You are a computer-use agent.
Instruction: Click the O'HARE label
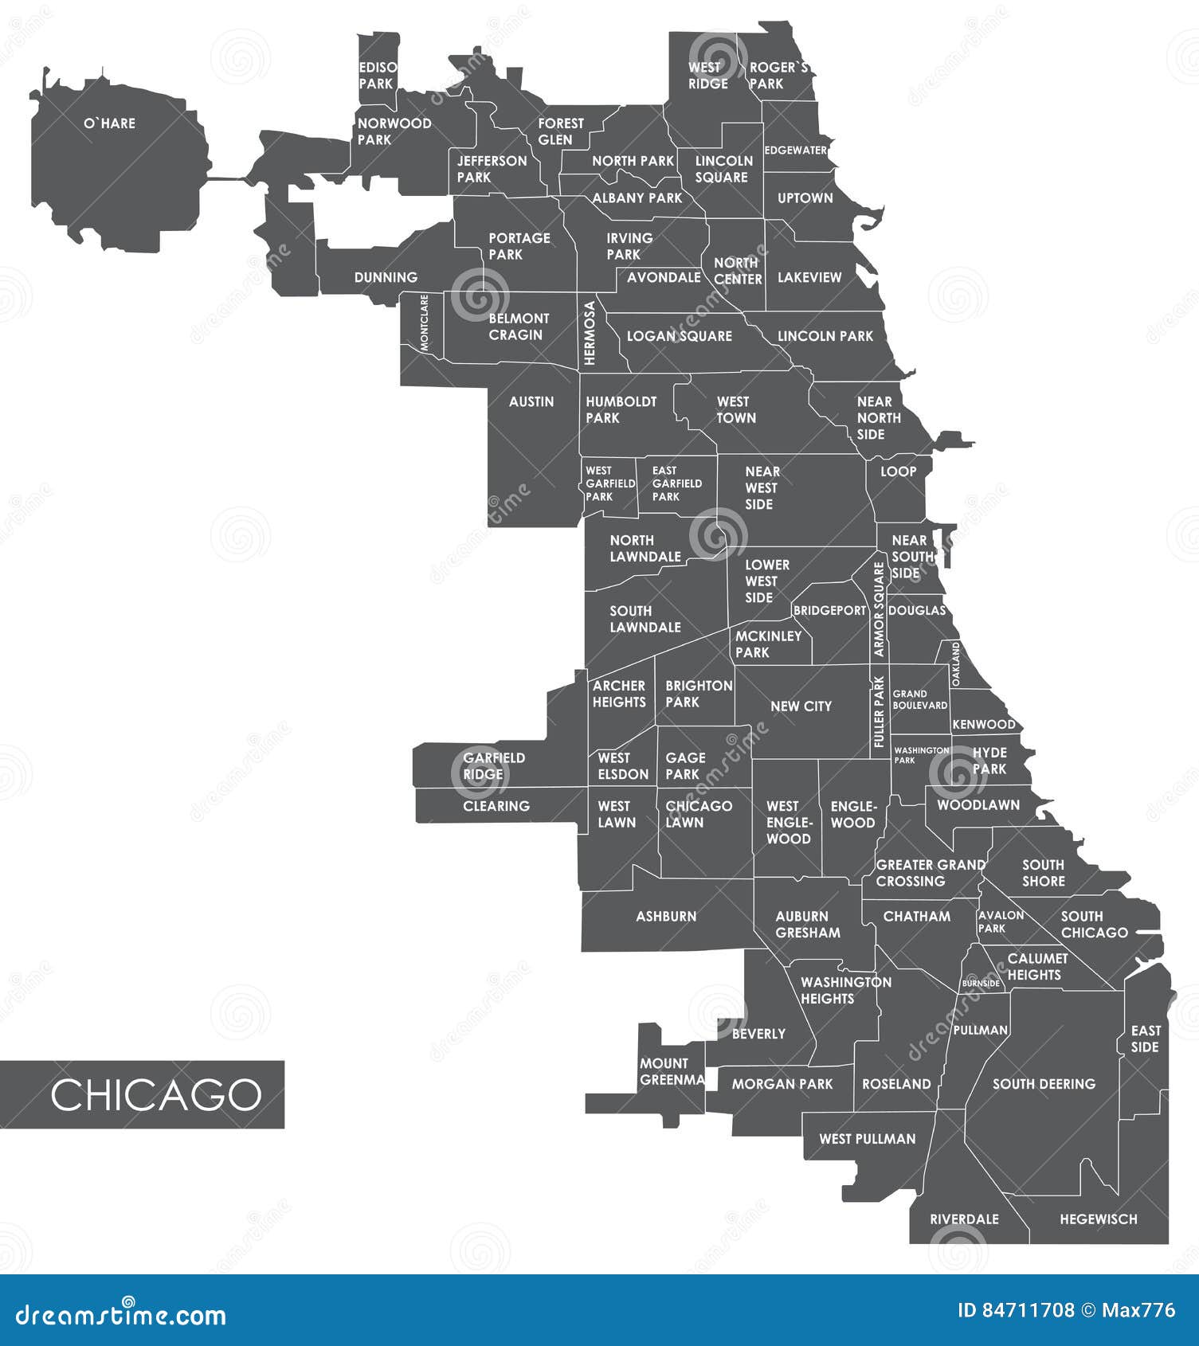(110, 123)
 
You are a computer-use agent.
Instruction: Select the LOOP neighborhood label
(898, 471)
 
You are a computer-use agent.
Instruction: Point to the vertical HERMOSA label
(590, 333)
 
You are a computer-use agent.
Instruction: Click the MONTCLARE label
(424, 323)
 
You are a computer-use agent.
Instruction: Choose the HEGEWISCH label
(1098, 1219)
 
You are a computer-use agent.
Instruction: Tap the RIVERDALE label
(964, 1219)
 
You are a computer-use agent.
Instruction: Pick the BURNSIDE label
(981, 984)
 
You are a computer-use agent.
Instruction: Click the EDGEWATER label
(796, 151)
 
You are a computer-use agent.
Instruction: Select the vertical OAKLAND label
(956, 665)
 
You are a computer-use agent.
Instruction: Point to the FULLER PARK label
(879, 712)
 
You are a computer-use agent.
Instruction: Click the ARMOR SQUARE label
(879, 610)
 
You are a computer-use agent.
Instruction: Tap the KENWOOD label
(984, 725)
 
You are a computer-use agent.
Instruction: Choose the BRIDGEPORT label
(829, 611)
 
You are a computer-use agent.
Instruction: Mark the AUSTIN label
(531, 402)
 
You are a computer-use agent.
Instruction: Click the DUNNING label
(386, 278)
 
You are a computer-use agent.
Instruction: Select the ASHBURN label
(666, 917)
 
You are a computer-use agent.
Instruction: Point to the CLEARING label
(496, 807)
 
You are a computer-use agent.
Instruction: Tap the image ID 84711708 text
(1015, 1310)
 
